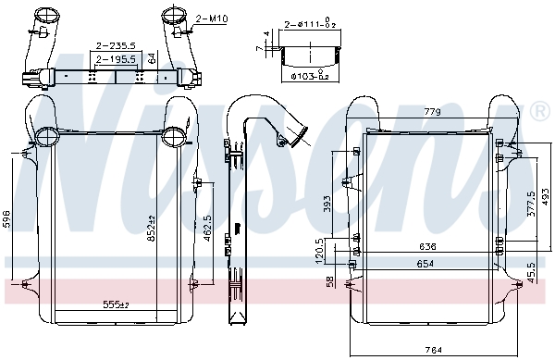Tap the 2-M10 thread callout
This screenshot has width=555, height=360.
click(x=211, y=18)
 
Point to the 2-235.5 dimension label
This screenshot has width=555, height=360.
click(x=115, y=43)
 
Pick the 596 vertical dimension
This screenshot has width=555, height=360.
click(x=7, y=218)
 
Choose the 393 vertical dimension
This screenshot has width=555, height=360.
click(x=327, y=205)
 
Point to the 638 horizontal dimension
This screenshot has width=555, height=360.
click(x=425, y=247)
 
